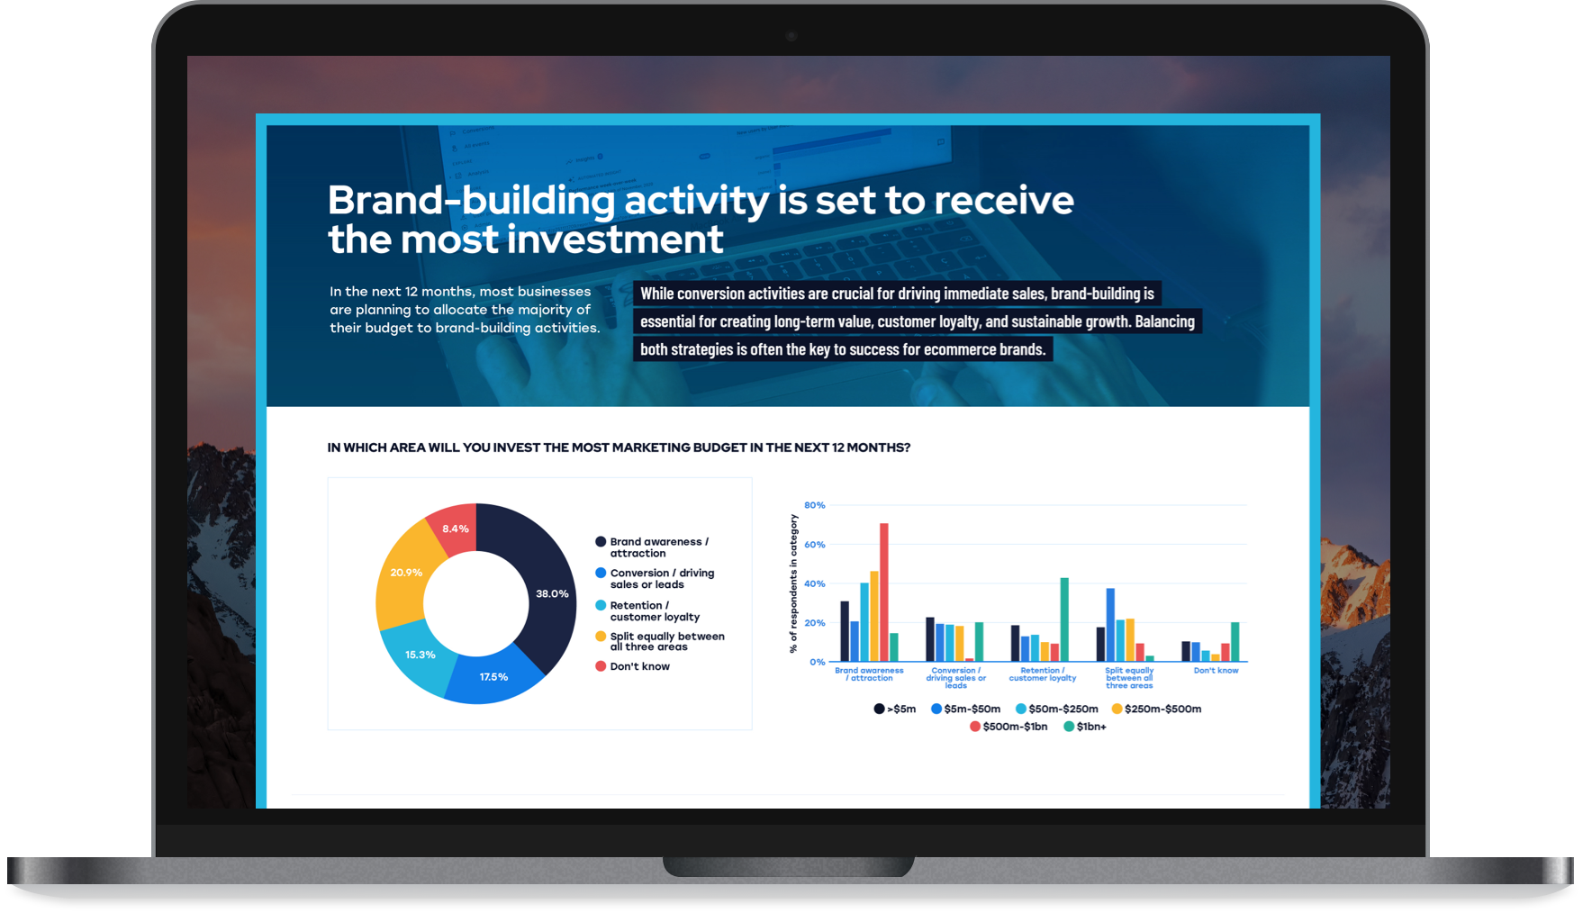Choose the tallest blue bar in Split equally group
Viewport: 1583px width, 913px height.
pyautogui.click(x=1110, y=625)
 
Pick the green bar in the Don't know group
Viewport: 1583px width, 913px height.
pyautogui.click(x=1235, y=642)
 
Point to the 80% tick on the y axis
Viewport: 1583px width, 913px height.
pyautogui.click(x=814, y=505)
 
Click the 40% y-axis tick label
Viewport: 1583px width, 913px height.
pyautogui.click(x=814, y=583)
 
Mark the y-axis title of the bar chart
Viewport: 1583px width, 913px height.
pyautogui.click(x=793, y=583)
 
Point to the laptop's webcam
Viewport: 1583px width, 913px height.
pyautogui.click(x=791, y=37)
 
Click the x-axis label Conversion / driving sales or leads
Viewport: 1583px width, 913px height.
pyautogui.click(x=955, y=678)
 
